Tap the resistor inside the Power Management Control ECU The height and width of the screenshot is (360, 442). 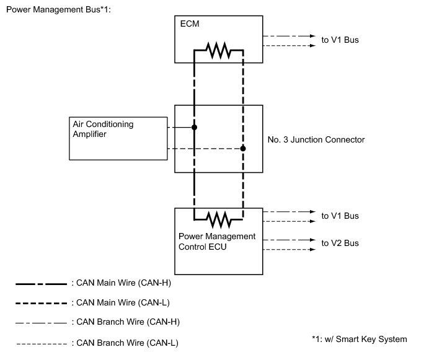point(218,219)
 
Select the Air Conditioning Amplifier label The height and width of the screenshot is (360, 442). point(103,129)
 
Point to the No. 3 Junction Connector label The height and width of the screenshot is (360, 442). point(317,140)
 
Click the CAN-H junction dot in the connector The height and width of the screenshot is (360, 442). point(194,128)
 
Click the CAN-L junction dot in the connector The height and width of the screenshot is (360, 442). point(243,149)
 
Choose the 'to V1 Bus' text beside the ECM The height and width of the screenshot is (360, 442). point(340,40)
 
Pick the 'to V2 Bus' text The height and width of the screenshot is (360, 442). point(340,243)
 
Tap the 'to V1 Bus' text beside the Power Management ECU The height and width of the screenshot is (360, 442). point(340,216)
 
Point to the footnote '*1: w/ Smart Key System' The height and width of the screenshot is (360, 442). point(360,339)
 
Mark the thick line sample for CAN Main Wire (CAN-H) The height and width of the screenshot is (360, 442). point(41,283)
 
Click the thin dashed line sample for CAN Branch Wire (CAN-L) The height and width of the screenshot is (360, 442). point(41,343)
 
